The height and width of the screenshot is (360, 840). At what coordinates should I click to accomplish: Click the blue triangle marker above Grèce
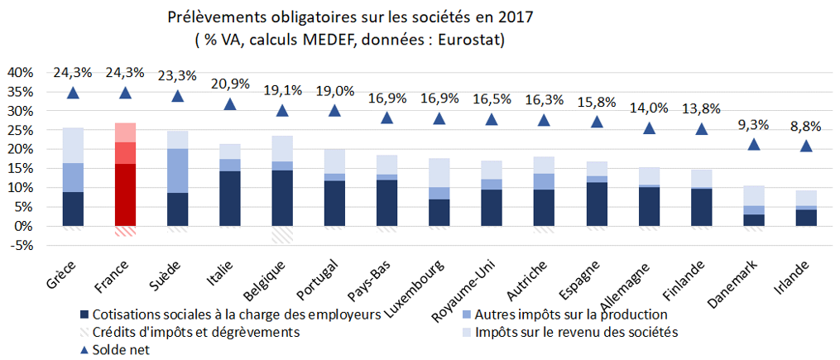(73, 94)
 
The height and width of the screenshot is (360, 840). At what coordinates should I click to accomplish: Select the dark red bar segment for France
(125, 195)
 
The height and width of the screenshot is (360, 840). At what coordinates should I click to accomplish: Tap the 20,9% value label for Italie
(230, 84)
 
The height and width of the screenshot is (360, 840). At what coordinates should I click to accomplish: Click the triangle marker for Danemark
(753, 144)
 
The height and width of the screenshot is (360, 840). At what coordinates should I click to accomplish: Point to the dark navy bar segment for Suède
(178, 209)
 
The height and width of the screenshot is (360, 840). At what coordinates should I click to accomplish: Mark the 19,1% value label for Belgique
(282, 90)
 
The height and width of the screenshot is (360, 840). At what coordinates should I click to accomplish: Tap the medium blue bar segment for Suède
(178, 170)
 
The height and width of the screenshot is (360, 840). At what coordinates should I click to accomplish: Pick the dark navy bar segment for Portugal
(334, 204)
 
